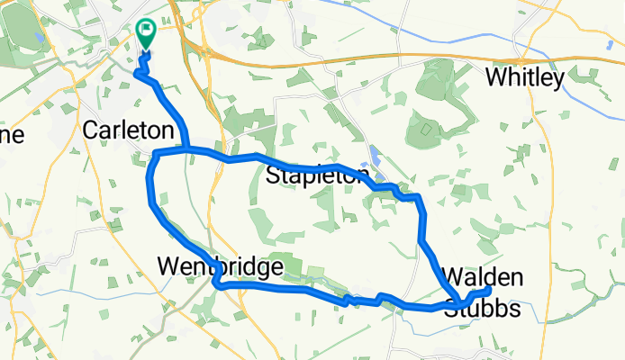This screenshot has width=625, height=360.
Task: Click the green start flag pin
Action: point(145,33)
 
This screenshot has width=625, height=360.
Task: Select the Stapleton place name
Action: point(318,175)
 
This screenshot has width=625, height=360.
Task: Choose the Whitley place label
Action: point(525,78)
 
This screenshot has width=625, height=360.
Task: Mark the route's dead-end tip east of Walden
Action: point(488,291)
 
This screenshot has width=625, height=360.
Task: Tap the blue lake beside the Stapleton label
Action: point(375,158)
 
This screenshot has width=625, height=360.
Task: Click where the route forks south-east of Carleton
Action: point(186,148)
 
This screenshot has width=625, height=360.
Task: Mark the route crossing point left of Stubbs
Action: point(459,301)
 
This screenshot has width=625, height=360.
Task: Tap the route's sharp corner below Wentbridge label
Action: point(216,285)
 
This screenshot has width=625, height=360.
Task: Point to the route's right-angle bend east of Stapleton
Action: point(420,197)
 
